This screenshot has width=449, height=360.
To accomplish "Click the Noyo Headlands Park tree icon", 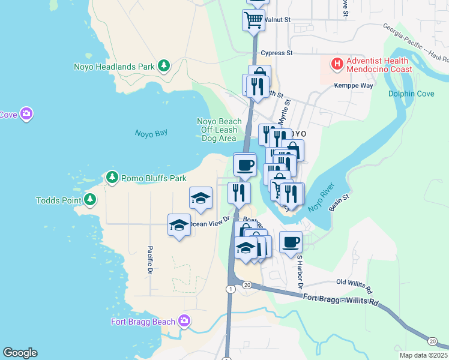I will coord(163,66).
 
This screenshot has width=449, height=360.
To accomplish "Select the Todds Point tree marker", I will coord(90,200).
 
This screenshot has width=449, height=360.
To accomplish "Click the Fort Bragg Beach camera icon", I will coord(184,322).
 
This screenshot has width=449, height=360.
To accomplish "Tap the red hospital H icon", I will coord(337,63).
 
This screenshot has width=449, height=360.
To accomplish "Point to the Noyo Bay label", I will coord(151,133).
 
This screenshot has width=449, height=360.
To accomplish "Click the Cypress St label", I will coord(276,53).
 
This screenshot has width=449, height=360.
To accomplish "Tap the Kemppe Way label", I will coord(354,86).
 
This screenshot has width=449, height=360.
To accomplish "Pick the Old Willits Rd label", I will coord(354,282).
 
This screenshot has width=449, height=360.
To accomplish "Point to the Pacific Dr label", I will coord(149,262).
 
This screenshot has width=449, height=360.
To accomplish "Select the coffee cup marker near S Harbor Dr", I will coord(291,242).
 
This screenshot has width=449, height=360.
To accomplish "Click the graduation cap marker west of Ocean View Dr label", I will coord(178,224).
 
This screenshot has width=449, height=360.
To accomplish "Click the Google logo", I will coord(20,353).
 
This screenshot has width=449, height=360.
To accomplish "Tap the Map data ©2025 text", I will coord(421,355).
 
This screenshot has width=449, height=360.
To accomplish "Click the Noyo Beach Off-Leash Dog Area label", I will coord(219,130).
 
